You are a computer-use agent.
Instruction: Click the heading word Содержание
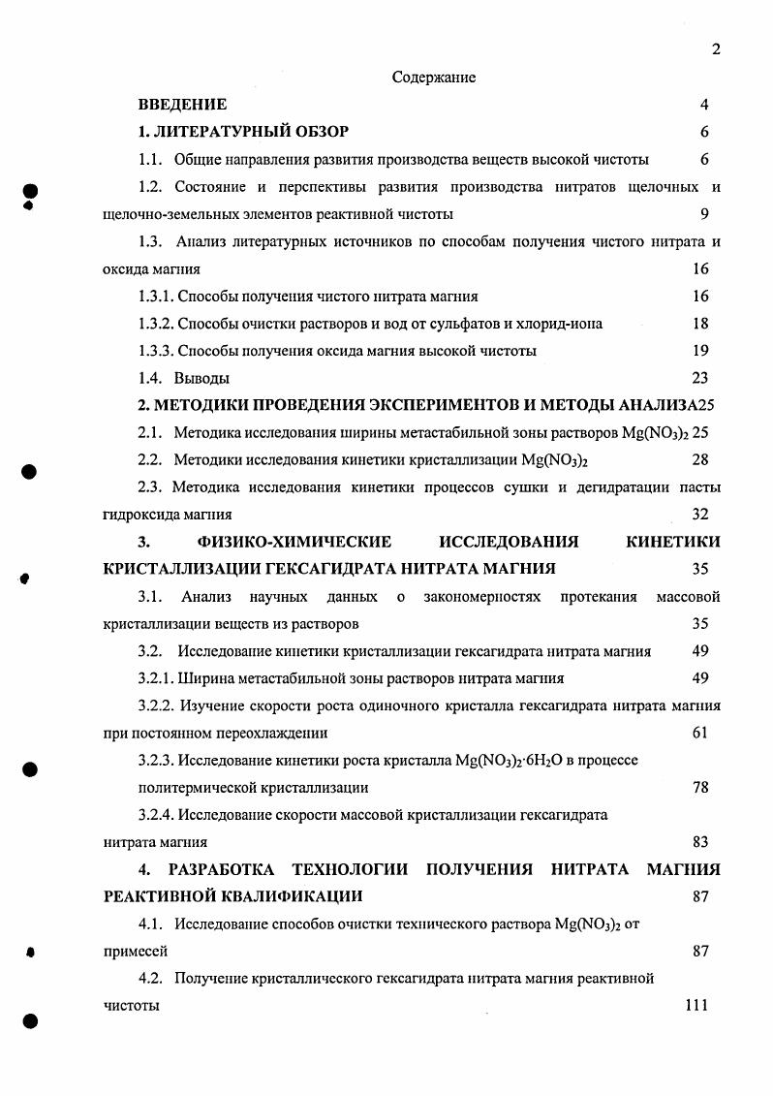(433, 78)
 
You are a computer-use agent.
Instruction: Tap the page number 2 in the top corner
(716, 50)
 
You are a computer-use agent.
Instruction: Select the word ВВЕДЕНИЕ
(182, 105)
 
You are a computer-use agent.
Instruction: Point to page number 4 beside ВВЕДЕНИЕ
(704, 105)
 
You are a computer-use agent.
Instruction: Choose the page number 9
(704, 214)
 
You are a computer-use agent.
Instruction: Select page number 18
(700, 324)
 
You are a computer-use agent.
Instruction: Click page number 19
(700, 351)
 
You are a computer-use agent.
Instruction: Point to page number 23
(700, 378)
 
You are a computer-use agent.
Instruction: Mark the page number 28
(700, 459)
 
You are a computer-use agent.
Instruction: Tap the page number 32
(700, 515)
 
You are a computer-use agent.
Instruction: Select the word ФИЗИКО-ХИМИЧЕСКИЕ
(294, 542)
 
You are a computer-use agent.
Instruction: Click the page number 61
(700, 733)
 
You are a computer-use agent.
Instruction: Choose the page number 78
(700, 788)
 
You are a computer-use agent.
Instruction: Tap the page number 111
(696, 1006)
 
